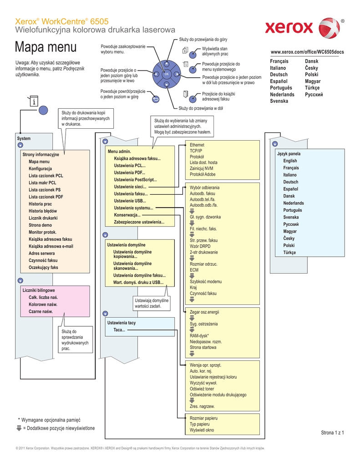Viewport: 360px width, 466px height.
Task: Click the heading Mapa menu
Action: pos(46,47)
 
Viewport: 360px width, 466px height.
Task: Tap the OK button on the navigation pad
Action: pos(167,74)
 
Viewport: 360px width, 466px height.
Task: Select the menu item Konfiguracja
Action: pos(40,169)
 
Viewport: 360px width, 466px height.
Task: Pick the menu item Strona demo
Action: pos(40,225)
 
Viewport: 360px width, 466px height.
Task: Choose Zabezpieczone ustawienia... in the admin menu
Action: pos(139,222)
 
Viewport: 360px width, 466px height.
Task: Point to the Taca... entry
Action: pos(120,330)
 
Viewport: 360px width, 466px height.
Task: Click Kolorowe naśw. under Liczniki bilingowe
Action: pos(43,304)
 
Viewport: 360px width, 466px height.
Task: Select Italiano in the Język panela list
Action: pos(289,175)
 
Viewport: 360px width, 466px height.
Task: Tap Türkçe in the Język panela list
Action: pos(289,252)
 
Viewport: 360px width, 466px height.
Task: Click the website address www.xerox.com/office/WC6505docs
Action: pos(307,52)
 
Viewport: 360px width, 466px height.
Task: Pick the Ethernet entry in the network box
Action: pos(197,145)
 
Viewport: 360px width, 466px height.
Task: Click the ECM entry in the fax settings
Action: pos(194,270)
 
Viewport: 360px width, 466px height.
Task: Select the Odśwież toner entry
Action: pos(202,389)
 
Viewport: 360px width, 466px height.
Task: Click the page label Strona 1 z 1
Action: pos(332,433)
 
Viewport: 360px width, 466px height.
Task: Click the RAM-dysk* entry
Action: pos(199,335)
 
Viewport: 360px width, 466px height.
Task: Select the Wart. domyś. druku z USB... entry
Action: pos(138,282)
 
